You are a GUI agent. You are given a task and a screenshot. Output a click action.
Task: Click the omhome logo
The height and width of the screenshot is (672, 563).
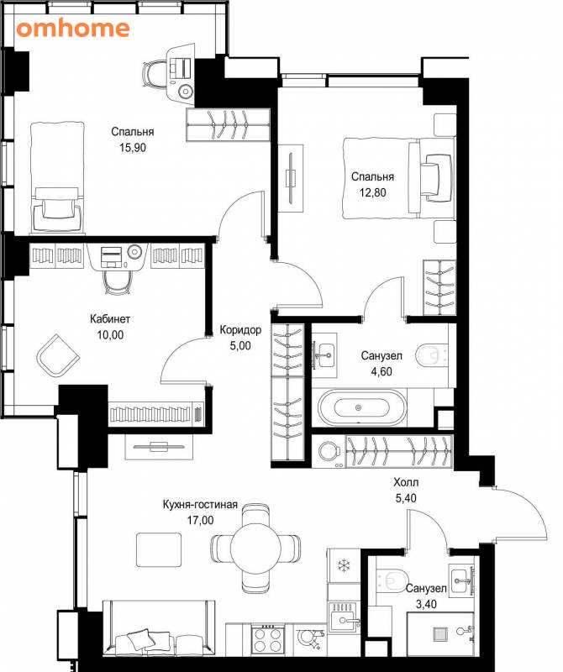[73, 29]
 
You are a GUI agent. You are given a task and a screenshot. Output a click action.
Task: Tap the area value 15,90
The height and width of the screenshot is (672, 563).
[133, 148]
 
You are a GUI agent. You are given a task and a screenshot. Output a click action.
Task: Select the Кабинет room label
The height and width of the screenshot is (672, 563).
[110, 319]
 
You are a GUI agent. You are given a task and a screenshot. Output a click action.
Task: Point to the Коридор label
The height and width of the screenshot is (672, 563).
[240, 330]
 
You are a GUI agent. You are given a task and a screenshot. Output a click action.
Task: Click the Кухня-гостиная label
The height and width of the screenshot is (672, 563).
[200, 505]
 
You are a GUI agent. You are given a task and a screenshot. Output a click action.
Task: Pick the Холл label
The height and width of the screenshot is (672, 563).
[406, 482]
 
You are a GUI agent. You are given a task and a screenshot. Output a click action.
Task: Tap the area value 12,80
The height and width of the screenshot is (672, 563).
[372, 193]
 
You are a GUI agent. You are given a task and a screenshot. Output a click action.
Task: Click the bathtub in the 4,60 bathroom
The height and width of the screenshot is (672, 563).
[361, 407]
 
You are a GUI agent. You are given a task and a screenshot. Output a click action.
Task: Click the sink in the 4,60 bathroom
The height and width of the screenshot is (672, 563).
[324, 355]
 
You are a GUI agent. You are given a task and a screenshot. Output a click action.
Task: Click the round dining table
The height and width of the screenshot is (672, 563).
[255, 547]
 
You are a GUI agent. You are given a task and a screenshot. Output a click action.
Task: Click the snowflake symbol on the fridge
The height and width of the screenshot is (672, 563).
[344, 565]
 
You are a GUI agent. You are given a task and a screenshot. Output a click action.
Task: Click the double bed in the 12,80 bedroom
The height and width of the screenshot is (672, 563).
[399, 178]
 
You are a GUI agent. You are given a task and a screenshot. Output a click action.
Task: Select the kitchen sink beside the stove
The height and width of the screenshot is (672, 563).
[344, 617]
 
